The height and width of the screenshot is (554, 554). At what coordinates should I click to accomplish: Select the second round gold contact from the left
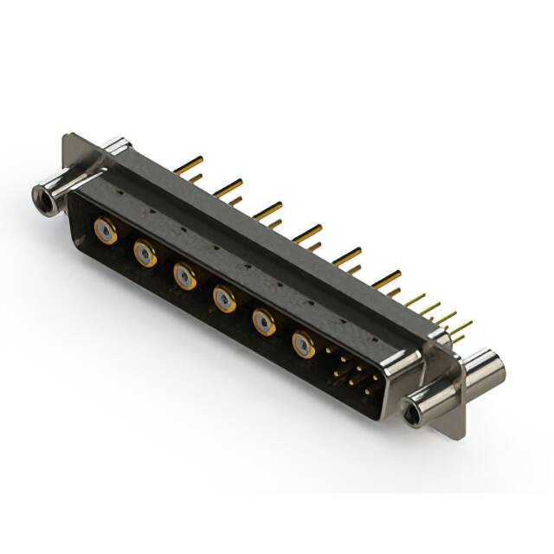coord(145,254)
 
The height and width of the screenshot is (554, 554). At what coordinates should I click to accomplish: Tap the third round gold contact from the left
coord(184,276)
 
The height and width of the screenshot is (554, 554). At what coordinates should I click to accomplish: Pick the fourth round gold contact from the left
coord(224,300)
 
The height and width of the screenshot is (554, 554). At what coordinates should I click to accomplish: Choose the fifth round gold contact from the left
coord(264,322)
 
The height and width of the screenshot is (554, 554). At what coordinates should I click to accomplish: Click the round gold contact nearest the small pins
coord(304,345)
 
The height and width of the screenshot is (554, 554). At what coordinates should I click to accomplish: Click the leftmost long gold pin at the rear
coord(188,164)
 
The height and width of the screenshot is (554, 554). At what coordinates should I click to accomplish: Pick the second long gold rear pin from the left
coord(229,186)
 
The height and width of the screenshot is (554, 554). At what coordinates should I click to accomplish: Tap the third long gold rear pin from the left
coord(267,209)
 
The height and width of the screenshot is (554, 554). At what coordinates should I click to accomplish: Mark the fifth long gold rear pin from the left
coord(347,255)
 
